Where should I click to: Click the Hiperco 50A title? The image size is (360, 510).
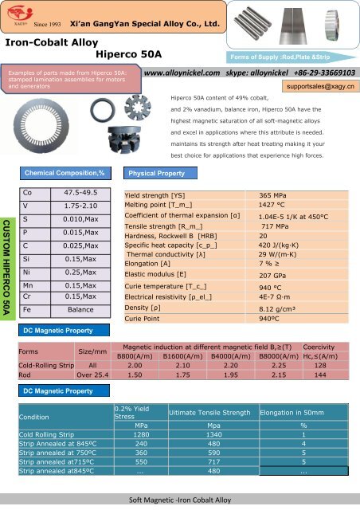point(129,54)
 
